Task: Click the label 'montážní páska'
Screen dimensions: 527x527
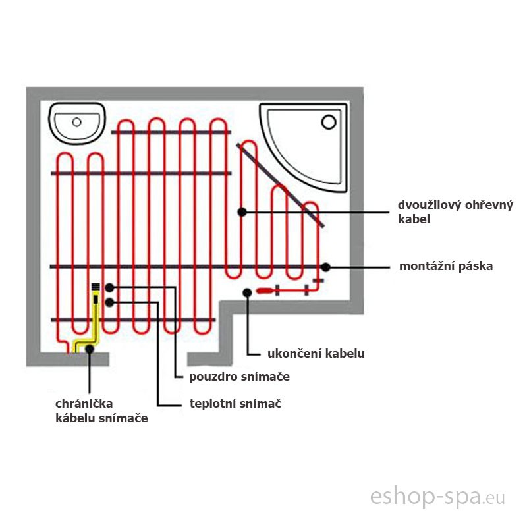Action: click(x=446, y=266)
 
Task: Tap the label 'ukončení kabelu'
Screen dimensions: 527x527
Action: click(x=316, y=354)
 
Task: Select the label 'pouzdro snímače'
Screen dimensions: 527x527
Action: click(x=239, y=377)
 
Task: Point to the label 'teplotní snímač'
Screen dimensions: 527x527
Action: click(x=235, y=404)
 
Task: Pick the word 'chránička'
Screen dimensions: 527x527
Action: click(x=84, y=403)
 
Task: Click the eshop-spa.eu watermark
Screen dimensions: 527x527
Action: click(x=437, y=497)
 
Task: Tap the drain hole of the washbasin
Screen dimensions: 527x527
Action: click(x=76, y=122)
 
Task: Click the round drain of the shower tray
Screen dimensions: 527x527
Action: click(x=329, y=122)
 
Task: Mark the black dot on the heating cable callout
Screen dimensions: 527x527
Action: click(x=242, y=212)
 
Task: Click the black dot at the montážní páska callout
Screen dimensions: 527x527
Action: click(x=325, y=267)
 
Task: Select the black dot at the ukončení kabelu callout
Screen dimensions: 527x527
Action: click(x=248, y=292)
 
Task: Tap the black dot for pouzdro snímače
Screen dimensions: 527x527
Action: click(x=109, y=287)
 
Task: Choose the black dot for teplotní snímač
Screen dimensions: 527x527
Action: click(x=109, y=302)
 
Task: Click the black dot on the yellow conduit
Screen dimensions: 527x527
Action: click(x=90, y=349)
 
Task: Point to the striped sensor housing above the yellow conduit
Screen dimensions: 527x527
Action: click(x=96, y=287)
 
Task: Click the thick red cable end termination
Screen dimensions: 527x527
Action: click(x=265, y=291)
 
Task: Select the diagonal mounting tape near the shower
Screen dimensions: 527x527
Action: click(x=281, y=185)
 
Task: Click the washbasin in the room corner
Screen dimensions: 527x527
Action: click(x=77, y=123)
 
